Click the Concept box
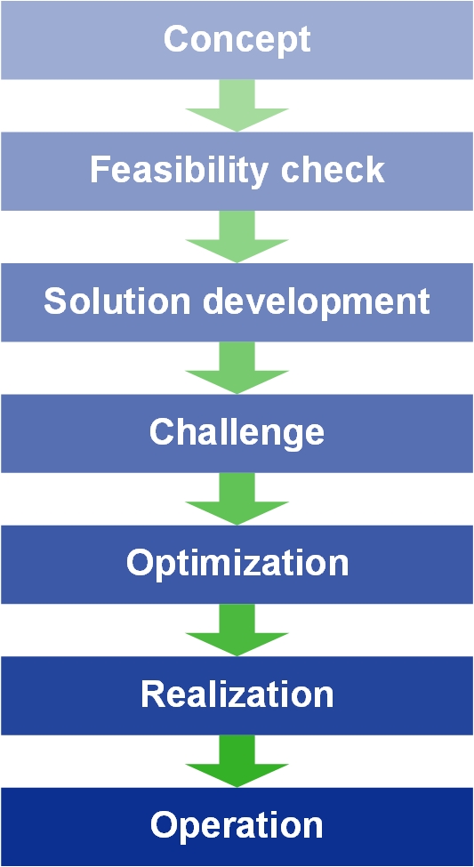coord(237,40)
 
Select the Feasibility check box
coord(237,171)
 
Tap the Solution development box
coord(237,302)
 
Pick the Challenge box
coord(237,433)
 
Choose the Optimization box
coord(237,564)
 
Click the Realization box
coord(237,695)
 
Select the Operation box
coord(237,827)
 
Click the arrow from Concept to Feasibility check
coord(237,106)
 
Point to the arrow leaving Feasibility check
coord(237,237)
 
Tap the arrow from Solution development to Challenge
coord(237,368)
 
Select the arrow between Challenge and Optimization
coord(237,499)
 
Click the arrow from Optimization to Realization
coord(237,630)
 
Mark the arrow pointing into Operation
coord(237,761)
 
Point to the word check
coord(333,170)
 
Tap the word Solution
coord(112,301)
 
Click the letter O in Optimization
coord(141,564)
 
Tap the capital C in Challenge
coord(163,432)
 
